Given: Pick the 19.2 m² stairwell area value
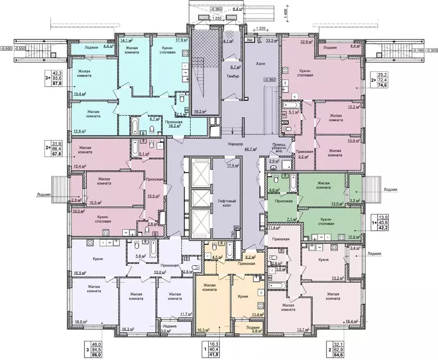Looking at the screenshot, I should coord(200,112).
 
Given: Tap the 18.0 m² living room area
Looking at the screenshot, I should coord(82,321).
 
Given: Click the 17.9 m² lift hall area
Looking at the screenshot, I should coord(233,165).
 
